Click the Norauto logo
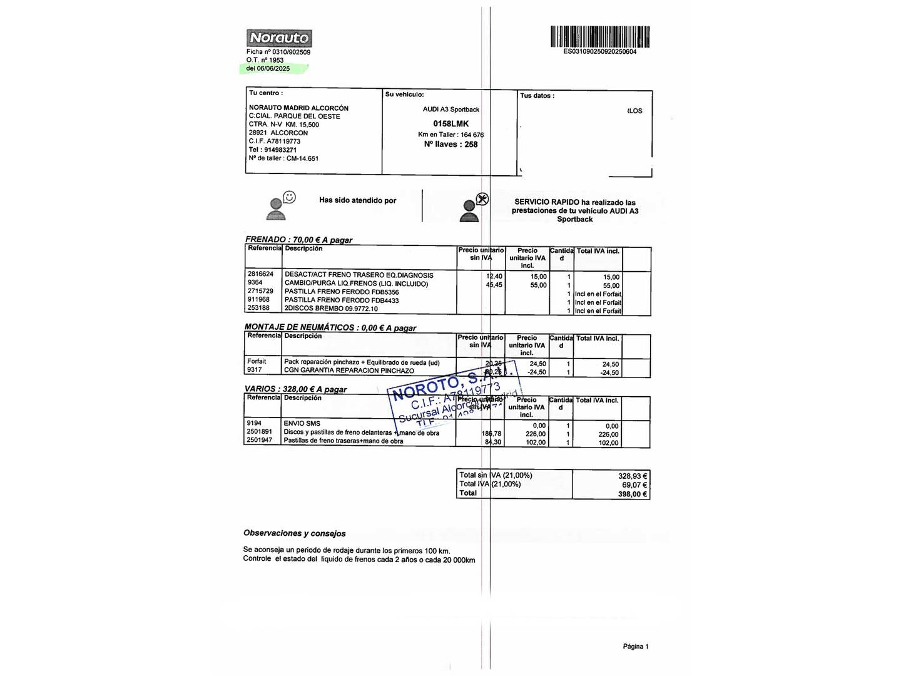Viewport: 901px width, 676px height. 279,38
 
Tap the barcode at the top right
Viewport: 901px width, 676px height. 600,37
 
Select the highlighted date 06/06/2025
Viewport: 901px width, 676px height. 273,69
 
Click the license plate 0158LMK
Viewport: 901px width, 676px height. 450,124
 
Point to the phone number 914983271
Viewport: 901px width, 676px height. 280,150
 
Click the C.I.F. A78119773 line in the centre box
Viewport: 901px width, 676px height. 275,141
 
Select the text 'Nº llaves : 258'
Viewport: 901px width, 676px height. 450,145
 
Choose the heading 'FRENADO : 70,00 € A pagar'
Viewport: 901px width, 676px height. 298,240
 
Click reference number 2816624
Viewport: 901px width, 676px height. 260,274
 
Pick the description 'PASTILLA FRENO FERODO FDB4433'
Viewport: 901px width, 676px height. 342,300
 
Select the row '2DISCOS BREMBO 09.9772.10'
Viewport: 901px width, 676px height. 331,309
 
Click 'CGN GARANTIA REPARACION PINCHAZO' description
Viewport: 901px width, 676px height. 349,371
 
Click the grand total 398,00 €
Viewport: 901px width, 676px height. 632,494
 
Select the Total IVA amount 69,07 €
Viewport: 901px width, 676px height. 634,485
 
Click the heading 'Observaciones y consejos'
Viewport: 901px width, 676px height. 294,533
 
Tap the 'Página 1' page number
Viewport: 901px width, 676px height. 635,647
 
